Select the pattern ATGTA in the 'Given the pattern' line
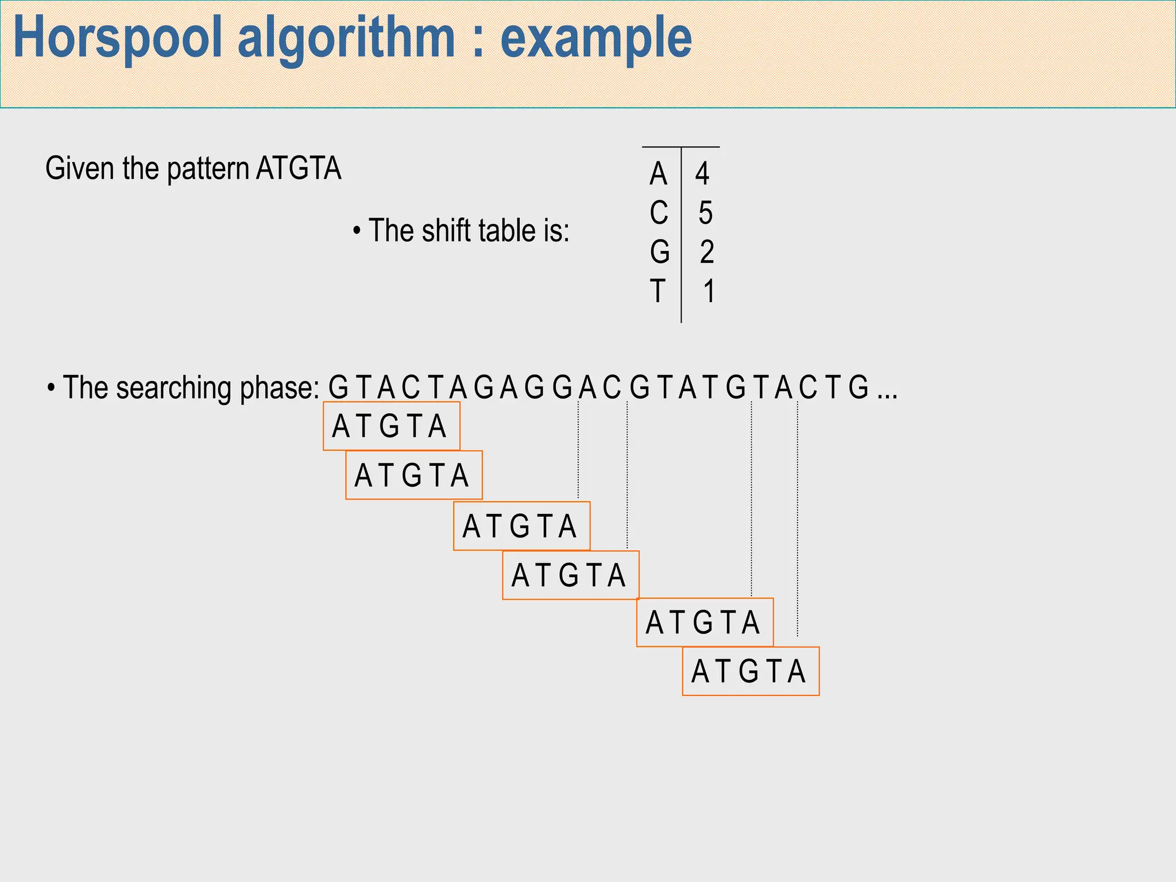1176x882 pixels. [299, 168]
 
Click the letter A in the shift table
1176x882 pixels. [659, 173]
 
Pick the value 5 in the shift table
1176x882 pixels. [706, 212]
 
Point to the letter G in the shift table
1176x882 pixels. [660, 252]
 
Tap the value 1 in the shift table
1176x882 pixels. [709, 291]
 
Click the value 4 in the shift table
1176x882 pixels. [702, 173]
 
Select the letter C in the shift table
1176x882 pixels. [659, 212]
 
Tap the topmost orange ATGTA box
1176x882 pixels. [392, 426]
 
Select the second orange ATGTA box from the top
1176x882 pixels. [414, 475]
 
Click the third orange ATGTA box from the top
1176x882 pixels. [521, 526]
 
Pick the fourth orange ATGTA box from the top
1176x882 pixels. [571, 575]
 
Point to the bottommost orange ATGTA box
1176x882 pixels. [751, 671]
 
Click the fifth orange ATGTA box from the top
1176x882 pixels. [705, 622]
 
